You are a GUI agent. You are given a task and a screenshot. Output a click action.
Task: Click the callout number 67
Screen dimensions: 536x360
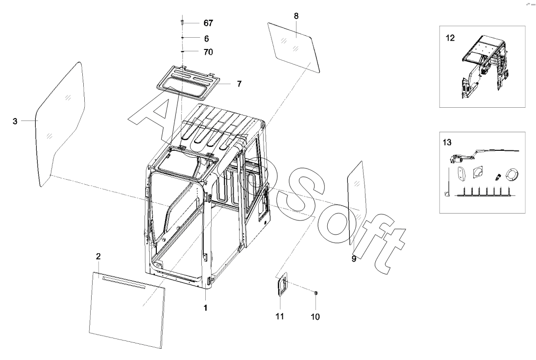point(208,23)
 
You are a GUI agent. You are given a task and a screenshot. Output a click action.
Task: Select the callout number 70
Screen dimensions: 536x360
point(208,52)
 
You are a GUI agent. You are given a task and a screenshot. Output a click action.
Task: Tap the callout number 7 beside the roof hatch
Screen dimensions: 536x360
point(239,84)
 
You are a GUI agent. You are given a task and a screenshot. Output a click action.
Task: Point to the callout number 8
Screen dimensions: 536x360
point(296,16)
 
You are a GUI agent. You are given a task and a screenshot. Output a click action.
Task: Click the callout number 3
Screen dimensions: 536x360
point(15,121)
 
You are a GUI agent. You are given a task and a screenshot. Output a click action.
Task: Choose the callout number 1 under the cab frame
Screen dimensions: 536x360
point(205,308)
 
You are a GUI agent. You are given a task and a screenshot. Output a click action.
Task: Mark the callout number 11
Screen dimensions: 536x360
point(280,316)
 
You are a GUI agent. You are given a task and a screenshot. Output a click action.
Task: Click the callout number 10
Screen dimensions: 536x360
point(315,317)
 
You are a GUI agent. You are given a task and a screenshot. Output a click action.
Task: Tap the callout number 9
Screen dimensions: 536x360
point(354,259)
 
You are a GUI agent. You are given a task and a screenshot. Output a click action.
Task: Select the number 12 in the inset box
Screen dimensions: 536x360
point(450,38)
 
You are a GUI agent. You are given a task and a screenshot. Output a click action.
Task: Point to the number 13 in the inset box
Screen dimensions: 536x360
point(447,142)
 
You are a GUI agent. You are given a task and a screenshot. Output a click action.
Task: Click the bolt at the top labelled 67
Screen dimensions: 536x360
point(182,23)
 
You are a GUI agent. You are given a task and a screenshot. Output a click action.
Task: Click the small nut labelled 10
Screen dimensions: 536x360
point(316,292)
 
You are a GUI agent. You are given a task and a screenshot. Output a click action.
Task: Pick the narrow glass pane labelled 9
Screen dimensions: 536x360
point(358,202)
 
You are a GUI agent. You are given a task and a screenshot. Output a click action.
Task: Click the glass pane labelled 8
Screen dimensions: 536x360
point(293,47)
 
